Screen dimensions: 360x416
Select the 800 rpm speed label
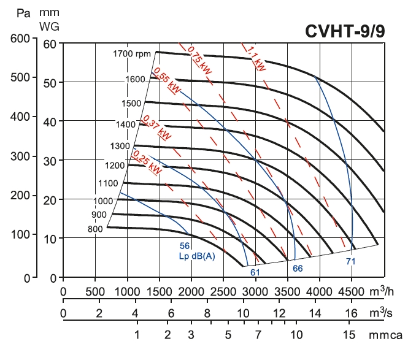click(x=95, y=229)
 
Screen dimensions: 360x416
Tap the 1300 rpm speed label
click(x=120, y=146)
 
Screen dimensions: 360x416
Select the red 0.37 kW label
click(x=156, y=126)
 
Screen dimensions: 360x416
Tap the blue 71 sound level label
click(x=350, y=261)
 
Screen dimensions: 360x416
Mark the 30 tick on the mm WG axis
click(x=49, y=161)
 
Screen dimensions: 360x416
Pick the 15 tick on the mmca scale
click(x=349, y=335)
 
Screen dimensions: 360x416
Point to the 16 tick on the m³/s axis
click(x=351, y=313)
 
